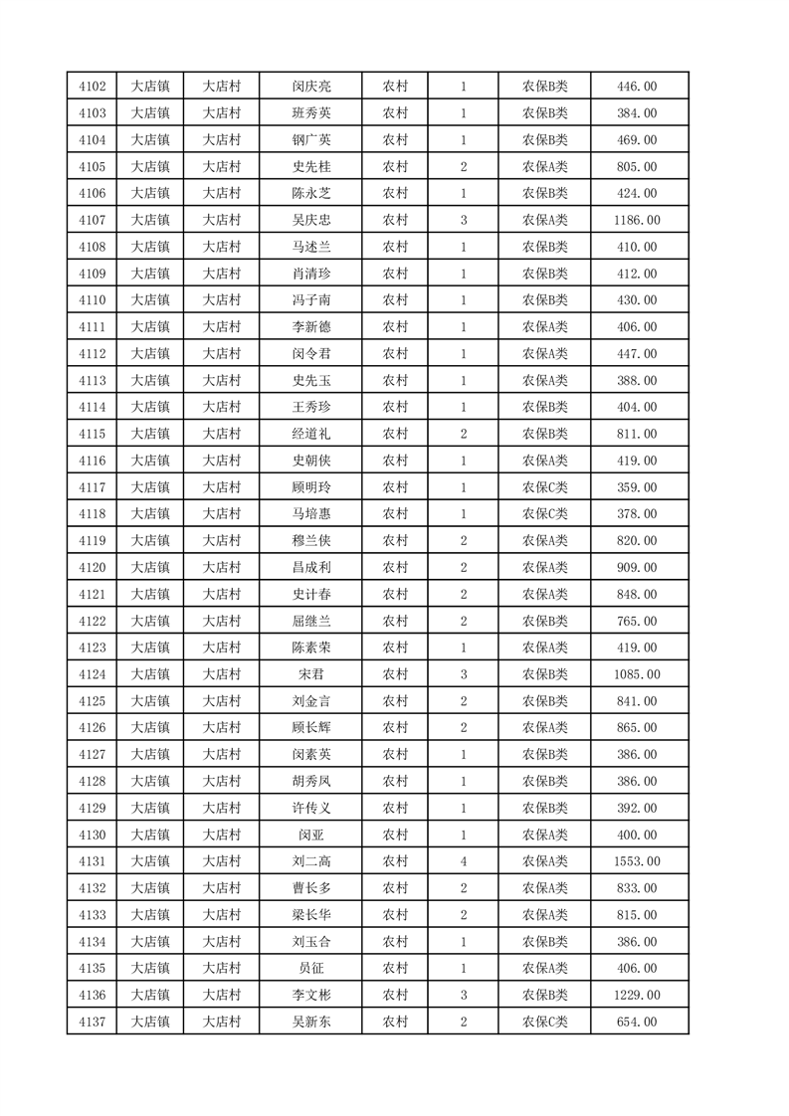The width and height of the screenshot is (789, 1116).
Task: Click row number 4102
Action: tap(92, 87)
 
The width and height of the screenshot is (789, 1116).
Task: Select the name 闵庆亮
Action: tap(310, 87)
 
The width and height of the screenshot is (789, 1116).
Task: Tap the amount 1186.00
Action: tap(638, 220)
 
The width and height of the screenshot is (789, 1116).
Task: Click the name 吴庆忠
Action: tap(310, 220)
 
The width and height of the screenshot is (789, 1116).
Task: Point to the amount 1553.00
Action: tap(638, 861)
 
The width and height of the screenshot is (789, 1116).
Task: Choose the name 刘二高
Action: tap(310, 861)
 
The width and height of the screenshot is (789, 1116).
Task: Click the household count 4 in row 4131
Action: tap(464, 861)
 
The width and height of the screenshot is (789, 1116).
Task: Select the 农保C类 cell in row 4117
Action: tap(544, 487)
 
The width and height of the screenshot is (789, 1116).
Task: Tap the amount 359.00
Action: tap(638, 487)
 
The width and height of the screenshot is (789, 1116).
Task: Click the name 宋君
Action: tap(310, 674)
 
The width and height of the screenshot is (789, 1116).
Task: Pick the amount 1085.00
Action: tap(638, 674)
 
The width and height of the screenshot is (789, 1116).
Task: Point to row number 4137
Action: tap(92, 1022)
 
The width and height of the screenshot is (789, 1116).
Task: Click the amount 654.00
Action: tap(638, 1022)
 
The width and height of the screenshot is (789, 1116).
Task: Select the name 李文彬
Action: tap(310, 995)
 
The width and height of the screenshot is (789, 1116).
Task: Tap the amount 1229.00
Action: tap(638, 995)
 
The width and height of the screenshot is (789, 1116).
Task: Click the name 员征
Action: tap(310, 968)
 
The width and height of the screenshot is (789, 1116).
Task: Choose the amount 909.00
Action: tap(638, 568)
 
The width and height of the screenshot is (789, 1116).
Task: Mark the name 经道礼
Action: tap(310, 434)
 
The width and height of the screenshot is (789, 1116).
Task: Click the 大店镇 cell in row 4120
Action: tap(150, 568)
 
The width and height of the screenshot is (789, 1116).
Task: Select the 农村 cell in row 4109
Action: tap(395, 274)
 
